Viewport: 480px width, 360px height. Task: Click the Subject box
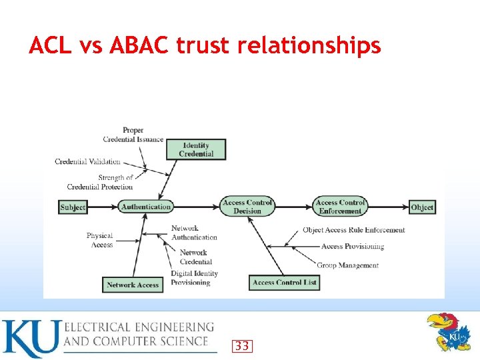click(x=73, y=207)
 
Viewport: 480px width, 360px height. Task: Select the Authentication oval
click(x=146, y=207)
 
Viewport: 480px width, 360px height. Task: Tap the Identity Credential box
click(x=196, y=149)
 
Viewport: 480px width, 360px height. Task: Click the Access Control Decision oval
click(x=247, y=207)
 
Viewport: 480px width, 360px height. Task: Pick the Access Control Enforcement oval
click(x=340, y=207)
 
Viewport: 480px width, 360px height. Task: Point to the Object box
click(x=422, y=207)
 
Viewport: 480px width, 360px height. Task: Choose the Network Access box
click(x=133, y=285)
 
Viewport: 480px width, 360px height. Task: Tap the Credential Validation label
click(x=87, y=161)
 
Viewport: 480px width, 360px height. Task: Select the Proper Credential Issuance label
click(x=133, y=135)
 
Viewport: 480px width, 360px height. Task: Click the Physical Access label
click(x=100, y=240)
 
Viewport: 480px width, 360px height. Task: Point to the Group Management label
click(x=347, y=265)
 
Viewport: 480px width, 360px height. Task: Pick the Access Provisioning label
click(x=353, y=247)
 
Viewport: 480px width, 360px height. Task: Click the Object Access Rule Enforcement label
click(x=353, y=230)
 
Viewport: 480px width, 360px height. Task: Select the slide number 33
click(x=242, y=345)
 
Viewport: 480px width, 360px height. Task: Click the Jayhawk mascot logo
click(x=448, y=331)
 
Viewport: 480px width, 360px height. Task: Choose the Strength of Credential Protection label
click(x=101, y=182)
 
